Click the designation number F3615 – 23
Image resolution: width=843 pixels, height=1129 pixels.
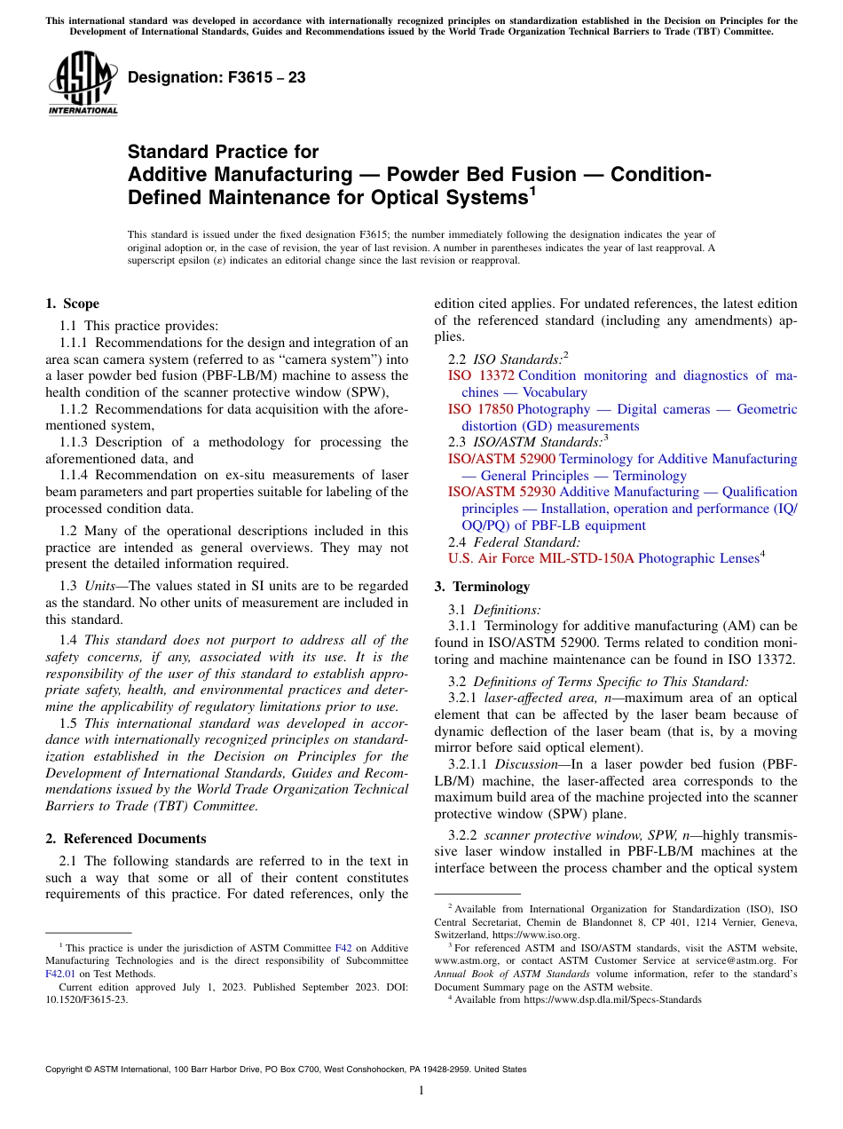[x=217, y=77]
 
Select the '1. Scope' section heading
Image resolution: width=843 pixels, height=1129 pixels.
[x=73, y=304]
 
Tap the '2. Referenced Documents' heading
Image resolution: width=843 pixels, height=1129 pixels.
[x=126, y=839]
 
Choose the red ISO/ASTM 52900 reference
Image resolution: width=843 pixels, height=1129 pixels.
[x=501, y=459]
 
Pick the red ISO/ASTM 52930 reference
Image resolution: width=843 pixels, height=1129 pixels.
[x=501, y=492]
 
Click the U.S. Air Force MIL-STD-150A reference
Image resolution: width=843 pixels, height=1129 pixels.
[x=541, y=558]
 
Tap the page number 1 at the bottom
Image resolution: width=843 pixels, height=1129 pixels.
[x=421, y=1091]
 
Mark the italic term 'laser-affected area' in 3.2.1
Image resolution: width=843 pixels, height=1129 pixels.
[x=526, y=698]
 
